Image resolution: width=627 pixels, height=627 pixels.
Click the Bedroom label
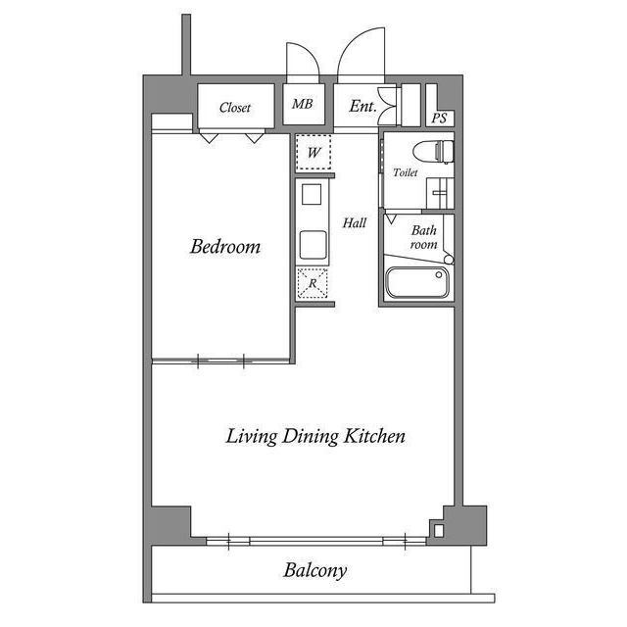(225, 247)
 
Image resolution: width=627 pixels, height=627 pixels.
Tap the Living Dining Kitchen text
(315, 436)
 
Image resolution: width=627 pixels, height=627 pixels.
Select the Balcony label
(315, 570)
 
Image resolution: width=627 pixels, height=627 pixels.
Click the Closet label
(234, 108)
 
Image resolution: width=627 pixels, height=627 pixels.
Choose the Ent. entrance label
(362, 106)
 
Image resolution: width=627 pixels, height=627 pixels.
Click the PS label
(440, 118)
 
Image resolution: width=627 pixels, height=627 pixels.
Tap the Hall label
(354, 223)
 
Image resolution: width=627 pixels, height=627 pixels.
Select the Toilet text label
(405, 172)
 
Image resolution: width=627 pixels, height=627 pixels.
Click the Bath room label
(423, 237)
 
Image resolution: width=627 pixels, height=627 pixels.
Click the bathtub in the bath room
(416, 283)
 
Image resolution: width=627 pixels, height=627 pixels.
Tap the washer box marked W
(313, 153)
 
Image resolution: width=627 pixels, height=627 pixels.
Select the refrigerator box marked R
(313, 283)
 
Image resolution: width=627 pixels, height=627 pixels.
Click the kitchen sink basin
(312, 194)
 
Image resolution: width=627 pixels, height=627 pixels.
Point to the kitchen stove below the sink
(313, 242)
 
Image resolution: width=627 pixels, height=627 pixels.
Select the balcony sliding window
(315, 540)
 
